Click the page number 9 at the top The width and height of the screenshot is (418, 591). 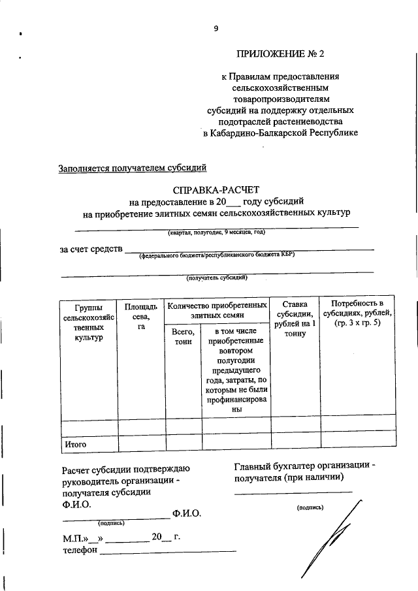coord(215,27)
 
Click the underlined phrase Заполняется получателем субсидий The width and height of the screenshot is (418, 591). coord(133,168)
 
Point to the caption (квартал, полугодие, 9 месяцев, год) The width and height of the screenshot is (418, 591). coord(216,232)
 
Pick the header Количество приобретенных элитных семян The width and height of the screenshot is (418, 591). coord(216,310)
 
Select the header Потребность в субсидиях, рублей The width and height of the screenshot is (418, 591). coord(357,313)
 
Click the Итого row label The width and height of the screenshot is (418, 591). coord(76,445)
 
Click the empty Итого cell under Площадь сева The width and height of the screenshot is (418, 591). coord(141,445)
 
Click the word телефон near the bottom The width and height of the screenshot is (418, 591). coord(80,550)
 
